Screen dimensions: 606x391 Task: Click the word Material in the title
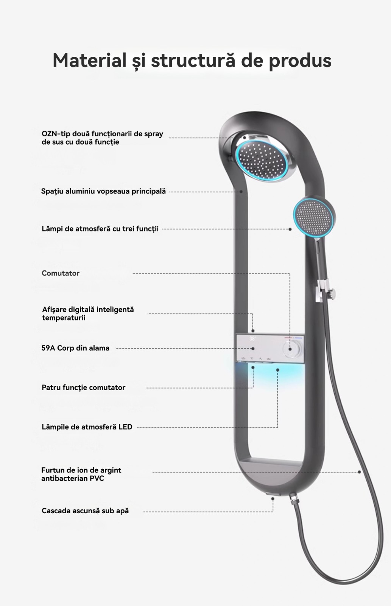89,61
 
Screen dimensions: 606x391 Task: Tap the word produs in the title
300,61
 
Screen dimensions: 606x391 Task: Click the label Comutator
61,273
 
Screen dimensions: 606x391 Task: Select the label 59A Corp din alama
75,348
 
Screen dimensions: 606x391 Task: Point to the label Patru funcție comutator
83,387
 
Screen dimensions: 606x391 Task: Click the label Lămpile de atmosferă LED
87,427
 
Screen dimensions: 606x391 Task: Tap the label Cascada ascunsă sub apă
85,511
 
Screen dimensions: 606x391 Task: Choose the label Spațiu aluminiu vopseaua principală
103,191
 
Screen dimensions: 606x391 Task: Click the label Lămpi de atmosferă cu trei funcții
100,229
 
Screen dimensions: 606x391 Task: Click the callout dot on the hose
359,472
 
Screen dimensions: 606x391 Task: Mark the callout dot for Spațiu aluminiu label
241,192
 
